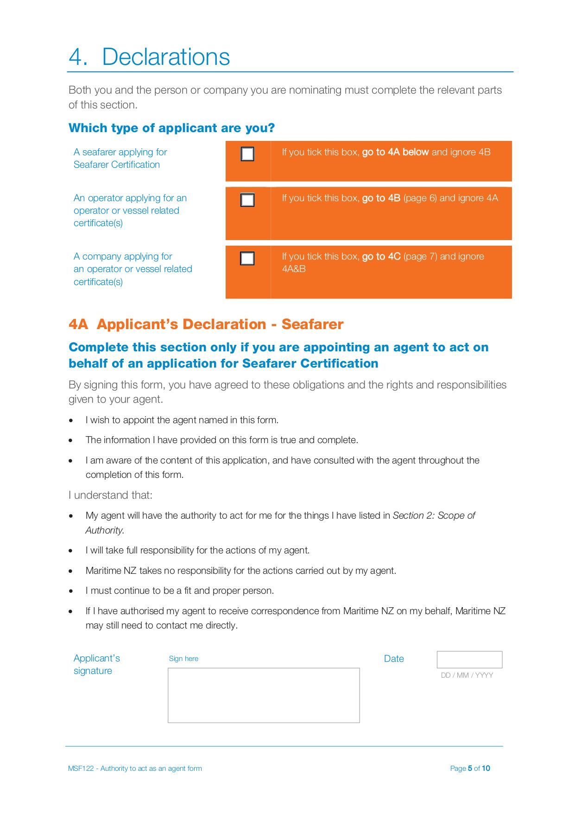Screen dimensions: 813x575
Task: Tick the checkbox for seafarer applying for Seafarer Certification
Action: coord(247,154)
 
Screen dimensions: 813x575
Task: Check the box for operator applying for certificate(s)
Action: coord(247,200)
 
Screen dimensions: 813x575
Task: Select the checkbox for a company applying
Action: coord(247,258)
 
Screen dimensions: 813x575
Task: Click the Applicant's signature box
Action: coord(264,695)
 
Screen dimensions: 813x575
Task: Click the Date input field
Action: coord(469,659)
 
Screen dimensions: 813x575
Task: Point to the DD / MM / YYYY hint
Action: coord(467,675)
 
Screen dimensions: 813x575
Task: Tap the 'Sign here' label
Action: coord(183,659)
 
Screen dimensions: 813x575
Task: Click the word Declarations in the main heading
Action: coord(166,57)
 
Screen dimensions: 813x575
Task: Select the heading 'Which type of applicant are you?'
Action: coord(171,128)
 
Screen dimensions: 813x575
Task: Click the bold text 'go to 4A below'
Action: coord(395,152)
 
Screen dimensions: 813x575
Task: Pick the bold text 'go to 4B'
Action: coord(381,198)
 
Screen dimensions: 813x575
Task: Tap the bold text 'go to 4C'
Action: coord(381,256)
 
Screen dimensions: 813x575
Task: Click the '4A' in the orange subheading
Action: coord(78,324)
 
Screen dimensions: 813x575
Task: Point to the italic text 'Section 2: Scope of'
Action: coord(434,515)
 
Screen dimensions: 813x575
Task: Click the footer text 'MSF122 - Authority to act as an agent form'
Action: coord(135,768)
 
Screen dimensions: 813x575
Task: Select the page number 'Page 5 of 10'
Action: coord(470,768)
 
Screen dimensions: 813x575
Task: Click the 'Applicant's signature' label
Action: coord(96,664)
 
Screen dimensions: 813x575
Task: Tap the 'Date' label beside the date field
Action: coord(394,659)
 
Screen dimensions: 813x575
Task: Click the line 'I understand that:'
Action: coord(110,495)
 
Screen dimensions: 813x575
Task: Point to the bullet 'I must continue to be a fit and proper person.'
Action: coord(179,591)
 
